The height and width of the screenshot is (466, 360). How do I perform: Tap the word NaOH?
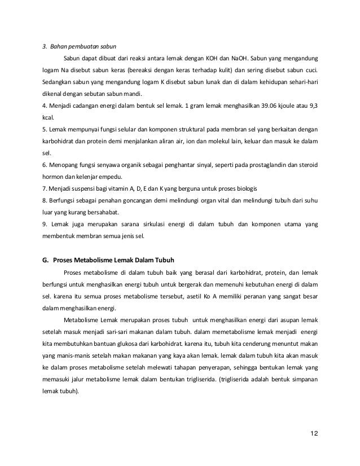pos(246,58)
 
